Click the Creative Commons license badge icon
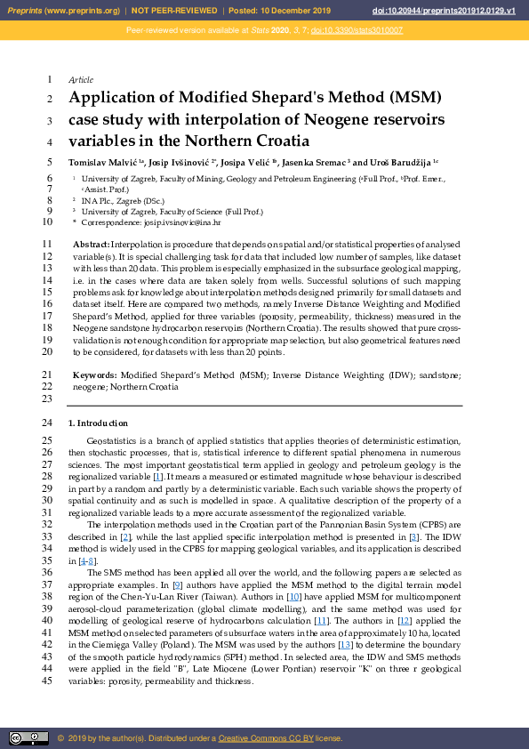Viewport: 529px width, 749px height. (x=28, y=737)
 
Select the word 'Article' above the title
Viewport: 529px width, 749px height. (x=81, y=80)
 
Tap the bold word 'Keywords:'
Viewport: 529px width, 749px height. (x=93, y=375)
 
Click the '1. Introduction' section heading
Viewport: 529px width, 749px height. (x=99, y=423)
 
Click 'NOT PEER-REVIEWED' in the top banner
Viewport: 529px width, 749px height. (x=174, y=10)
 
